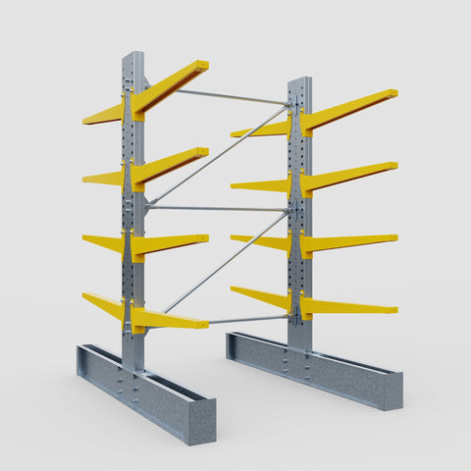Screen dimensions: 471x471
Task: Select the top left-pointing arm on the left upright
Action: pos(104,114)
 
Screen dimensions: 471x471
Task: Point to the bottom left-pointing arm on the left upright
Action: pos(104,305)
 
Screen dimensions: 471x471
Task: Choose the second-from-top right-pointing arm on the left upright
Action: pos(172,164)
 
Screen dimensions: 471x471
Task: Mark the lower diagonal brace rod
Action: pos(221,262)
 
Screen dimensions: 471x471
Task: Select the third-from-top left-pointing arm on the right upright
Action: pos(261,239)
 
